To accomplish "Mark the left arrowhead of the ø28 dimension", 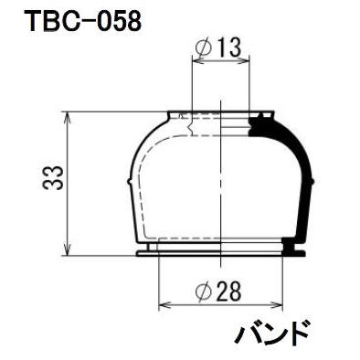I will click(x=163, y=306).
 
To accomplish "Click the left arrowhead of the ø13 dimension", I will click(x=195, y=61).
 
